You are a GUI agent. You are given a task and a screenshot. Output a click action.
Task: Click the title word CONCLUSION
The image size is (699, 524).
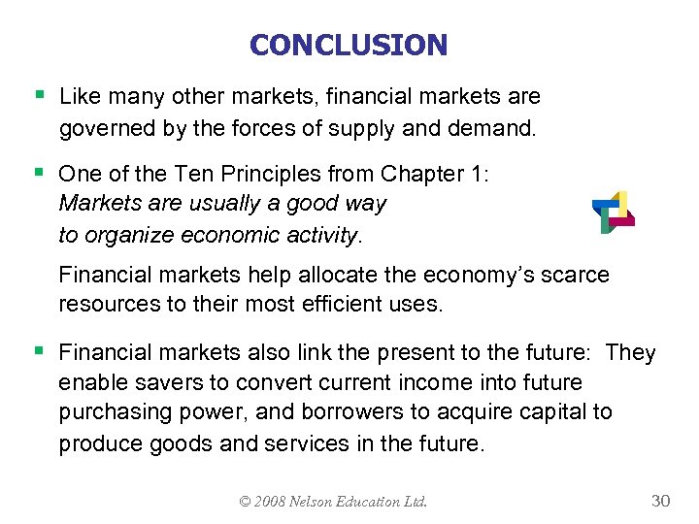click(349, 45)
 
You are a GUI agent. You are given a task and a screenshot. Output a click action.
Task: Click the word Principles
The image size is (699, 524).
click(247, 174)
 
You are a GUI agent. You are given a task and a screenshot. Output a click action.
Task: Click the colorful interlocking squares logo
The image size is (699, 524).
click(613, 212)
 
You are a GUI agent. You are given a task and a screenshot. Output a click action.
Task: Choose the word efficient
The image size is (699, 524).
click(325, 304)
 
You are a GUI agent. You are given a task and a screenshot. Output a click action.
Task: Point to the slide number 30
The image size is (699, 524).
click(660, 501)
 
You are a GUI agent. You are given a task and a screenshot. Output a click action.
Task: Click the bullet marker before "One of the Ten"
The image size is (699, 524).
click(39, 173)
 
